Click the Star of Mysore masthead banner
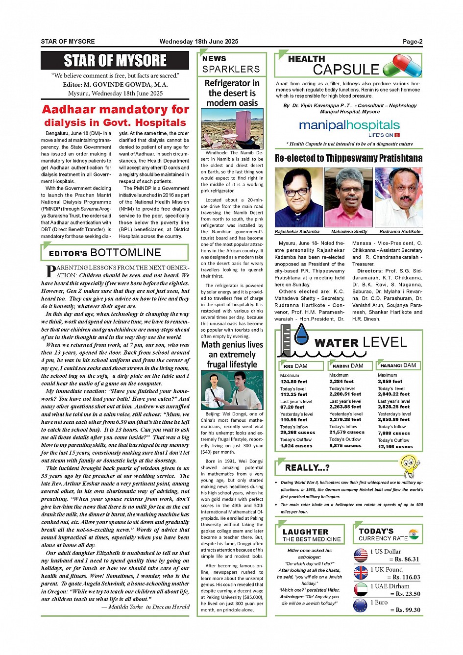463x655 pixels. [x=115, y=61]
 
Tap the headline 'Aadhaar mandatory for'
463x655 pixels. [x=115, y=109]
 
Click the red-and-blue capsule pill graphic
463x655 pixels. [x=402, y=66]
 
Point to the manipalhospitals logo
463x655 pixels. [x=349, y=126]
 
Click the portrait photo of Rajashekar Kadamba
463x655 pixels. [x=298, y=197]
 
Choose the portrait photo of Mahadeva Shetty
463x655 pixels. [x=348, y=197]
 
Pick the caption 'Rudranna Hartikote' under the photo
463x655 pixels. [x=400, y=231]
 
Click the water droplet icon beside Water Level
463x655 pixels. [x=301, y=335]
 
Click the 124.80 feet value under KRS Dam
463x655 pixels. [x=293, y=382]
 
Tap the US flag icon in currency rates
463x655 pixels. [x=361, y=555]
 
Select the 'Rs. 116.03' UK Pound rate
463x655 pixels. [x=406, y=577]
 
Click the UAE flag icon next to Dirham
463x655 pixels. [x=361, y=589]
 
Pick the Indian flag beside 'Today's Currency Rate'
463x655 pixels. [x=414, y=534]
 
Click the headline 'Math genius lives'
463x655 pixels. [x=232, y=345]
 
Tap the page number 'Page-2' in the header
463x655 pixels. [x=413, y=42]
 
